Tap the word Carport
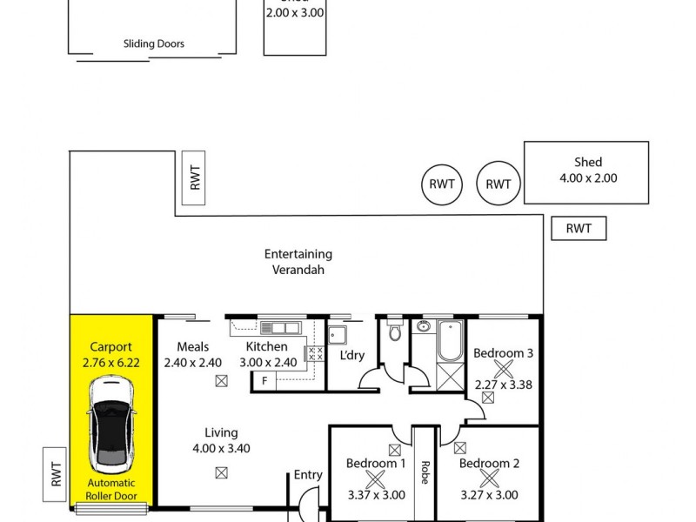point(111,345)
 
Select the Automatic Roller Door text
point(111,490)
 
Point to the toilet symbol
point(395,331)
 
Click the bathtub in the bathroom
point(450,341)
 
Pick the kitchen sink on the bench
point(279,328)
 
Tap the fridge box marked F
point(264,381)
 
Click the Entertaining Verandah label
point(298,262)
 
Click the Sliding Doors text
point(153,43)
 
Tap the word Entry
point(308,475)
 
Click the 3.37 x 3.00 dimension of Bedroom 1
point(376,495)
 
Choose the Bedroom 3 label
point(503,352)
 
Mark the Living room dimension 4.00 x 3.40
point(221,449)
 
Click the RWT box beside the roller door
point(56,475)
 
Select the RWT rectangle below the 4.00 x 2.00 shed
point(579,229)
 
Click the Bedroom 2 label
point(489,464)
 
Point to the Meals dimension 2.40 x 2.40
point(191,363)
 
